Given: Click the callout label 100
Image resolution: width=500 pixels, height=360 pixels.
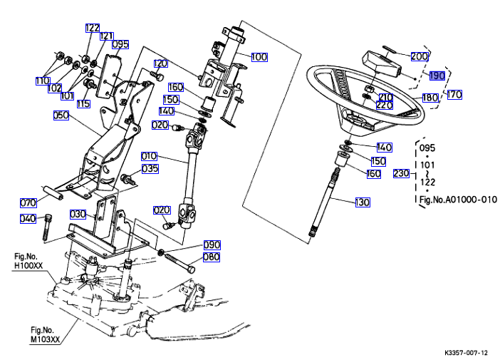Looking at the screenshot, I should tap(259, 56).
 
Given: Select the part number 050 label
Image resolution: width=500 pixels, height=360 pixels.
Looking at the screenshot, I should tap(61, 115).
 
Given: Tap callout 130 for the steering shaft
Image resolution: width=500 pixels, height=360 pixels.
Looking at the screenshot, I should tap(363, 202).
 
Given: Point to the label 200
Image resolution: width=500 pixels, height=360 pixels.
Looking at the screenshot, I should tap(420, 56).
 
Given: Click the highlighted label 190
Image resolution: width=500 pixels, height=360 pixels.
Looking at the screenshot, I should tap(437, 75).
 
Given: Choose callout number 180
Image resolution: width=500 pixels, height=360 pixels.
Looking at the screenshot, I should tap(430, 98).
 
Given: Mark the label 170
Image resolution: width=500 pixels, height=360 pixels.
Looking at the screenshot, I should tap(454, 93).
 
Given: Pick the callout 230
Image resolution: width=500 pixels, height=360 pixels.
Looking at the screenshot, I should tap(402, 173).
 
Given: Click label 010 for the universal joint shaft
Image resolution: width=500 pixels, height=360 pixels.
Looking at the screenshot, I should tap(149, 155).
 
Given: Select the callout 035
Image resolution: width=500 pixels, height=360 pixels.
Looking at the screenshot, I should tap(150, 169).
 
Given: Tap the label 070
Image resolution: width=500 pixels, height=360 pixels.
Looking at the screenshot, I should tap(28, 202).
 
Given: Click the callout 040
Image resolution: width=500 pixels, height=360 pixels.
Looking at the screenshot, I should tap(28, 218).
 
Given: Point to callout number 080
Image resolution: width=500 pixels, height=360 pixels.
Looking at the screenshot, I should tap(212, 257).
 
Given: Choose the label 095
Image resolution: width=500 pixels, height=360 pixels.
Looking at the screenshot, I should tap(120, 44).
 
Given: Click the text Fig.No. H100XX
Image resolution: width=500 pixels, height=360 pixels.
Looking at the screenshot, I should tap(29, 261).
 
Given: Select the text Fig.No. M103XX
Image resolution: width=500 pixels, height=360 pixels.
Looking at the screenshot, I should tap(45, 334).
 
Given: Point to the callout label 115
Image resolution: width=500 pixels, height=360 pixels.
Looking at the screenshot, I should tap(84, 104).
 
